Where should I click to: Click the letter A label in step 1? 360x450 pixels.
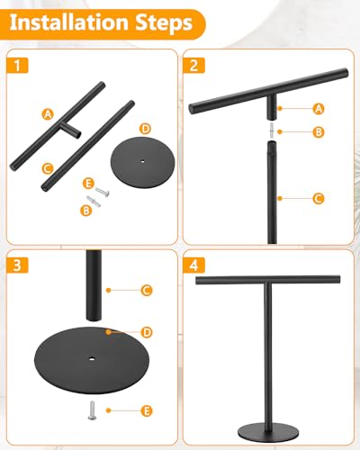click(46, 114)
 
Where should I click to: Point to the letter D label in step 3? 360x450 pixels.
click(147, 332)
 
